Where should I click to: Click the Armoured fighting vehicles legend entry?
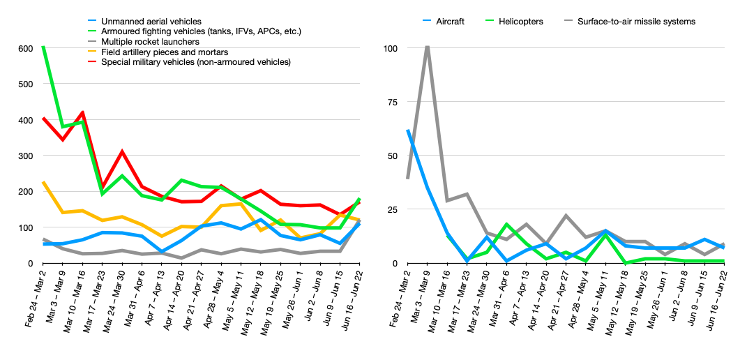tap(201, 32)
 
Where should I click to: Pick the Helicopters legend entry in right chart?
tap(524, 22)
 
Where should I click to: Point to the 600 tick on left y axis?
tap(26, 48)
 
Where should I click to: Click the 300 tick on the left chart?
tap(26, 156)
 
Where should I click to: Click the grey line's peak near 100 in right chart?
tap(427, 47)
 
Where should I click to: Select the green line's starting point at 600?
tap(43, 47)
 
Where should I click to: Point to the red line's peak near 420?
tap(83, 112)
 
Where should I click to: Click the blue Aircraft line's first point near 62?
tap(407, 130)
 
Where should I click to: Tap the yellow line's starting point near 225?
tap(43, 182)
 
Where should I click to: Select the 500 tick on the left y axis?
tap(26, 84)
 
